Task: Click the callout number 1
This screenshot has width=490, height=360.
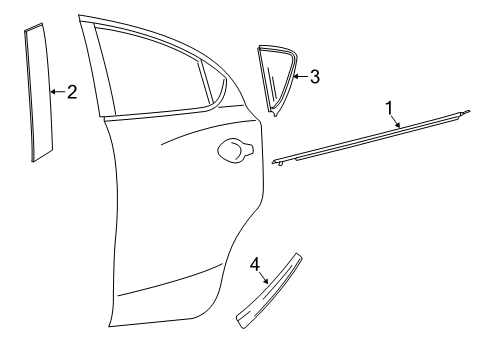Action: coord(389,105)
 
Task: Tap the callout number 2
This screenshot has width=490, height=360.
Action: coord(71,92)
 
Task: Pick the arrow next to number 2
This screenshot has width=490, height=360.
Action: coord(53,92)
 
